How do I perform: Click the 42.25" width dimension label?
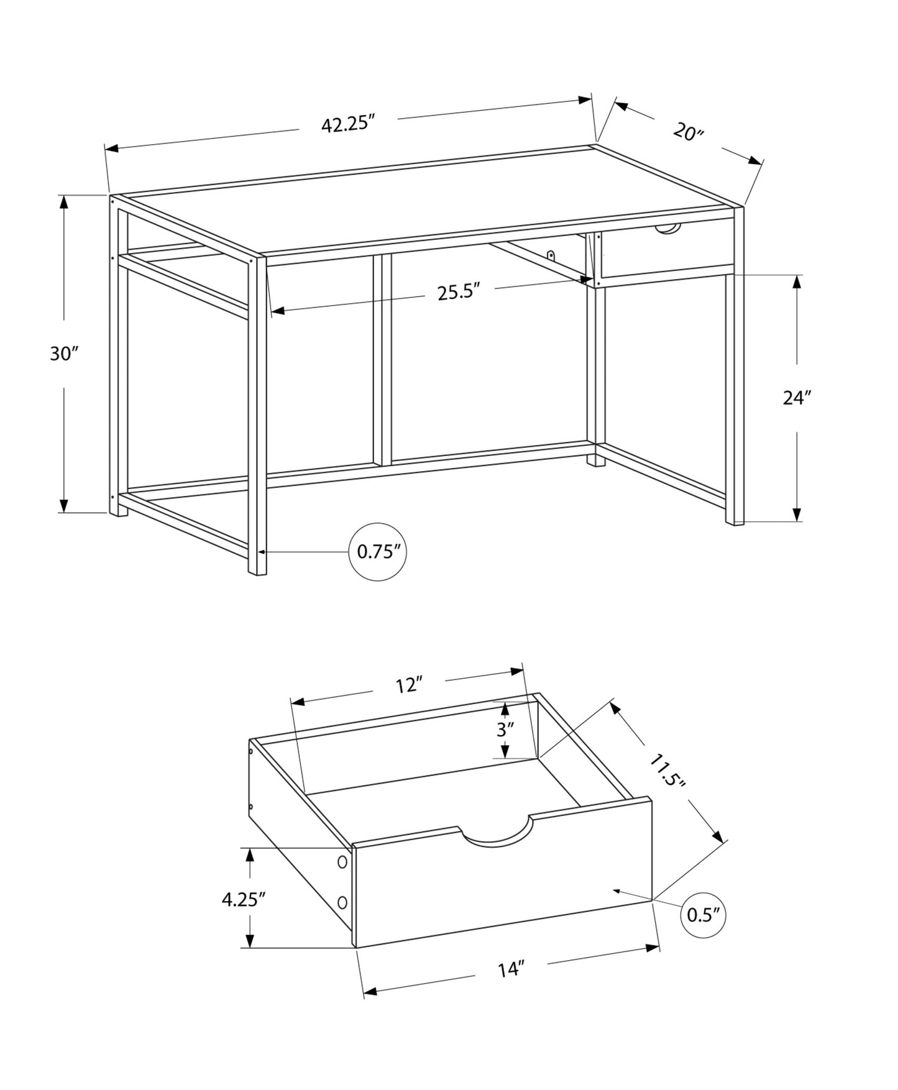pyautogui.click(x=349, y=124)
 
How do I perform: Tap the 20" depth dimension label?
pyautogui.click(x=688, y=132)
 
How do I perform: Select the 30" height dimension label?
pyautogui.click(x=64, y=354)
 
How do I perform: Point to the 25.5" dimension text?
pyautogui.click(x=459, y=292)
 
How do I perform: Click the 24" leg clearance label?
pyautogui.click(x=797, y=398)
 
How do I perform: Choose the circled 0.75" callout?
pyautogui.click(x=378, y=552)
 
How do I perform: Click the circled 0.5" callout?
pyautogui.click(x=703, y=914)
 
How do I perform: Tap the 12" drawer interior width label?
pyautogui.click(x=409, y=685)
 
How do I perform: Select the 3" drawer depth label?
pyautogui.click(x=505, y=730)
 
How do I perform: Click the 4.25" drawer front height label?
pyautogui.click(x=244, y=899)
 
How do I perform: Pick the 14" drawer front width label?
pyautogui.click(x=511, y=969)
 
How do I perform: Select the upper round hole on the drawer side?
pyautogui.click(x=342, y=862)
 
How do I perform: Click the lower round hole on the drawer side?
pyautogui.click(x=342, y=902)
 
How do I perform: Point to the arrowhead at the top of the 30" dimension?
pyautogui.click(x=63, y=202)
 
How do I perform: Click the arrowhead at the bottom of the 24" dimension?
pyautogui.click(x=797, y=514)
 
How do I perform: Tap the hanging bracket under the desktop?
pyautogui.click(x=551, y=255)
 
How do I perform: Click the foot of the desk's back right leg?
pyautogui.click(x=596, y=461)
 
